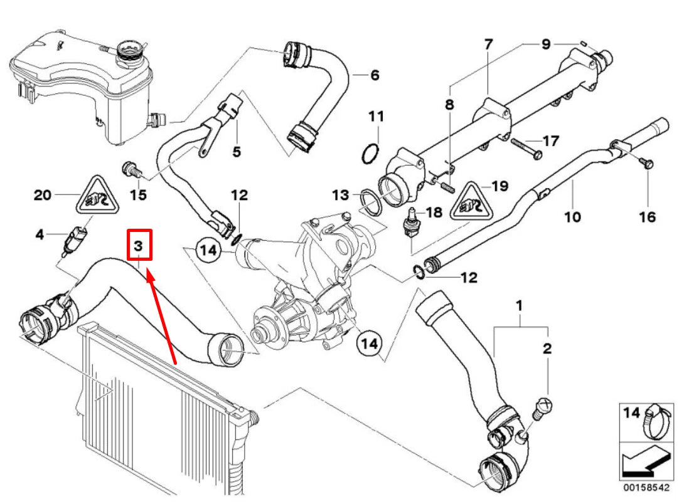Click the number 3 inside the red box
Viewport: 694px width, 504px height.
(141, 244)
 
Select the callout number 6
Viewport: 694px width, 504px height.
(375, 75)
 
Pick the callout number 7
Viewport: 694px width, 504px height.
(488, 45)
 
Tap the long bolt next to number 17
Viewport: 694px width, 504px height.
(525, 148)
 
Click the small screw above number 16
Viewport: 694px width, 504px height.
(647, 164)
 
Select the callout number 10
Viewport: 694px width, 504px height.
(572, 217)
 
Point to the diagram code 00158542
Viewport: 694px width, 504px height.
(646, 487)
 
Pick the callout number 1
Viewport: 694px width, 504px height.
(519, 307)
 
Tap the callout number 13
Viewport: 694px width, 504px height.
(340, 196)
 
